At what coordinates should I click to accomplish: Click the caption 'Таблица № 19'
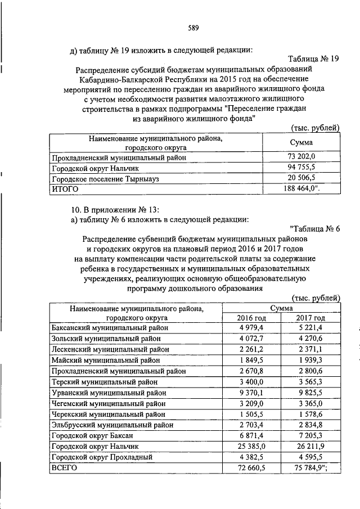tap(313, 58)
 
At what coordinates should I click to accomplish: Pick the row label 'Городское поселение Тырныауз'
tap(110, 178)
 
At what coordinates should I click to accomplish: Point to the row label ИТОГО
tap(65, 190)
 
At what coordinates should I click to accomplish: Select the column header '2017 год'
tap(310, 318)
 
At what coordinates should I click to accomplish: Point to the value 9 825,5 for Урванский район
tap(310, 392)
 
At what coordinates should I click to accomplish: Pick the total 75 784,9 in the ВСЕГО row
tap(312, 467)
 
